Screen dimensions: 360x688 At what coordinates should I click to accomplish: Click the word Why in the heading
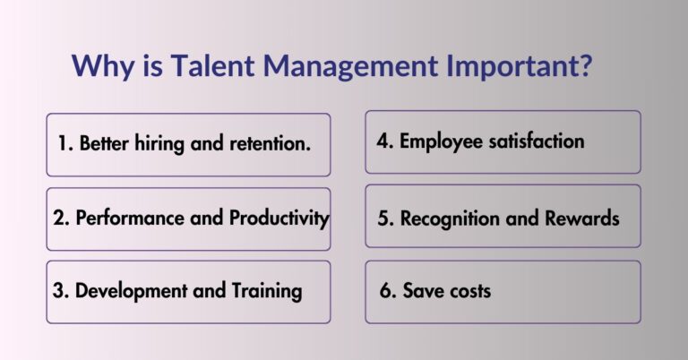click(x=98, y=66)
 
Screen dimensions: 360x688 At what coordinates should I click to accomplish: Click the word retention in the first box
click(x=271, y=143)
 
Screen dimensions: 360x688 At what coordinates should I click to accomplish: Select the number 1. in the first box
click(x=65, y=143)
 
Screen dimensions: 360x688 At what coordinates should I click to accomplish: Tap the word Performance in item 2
click(x=127, y=218)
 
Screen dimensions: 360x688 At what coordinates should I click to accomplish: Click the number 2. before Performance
click(x=64, y=218)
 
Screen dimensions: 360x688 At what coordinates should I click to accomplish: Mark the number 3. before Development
click(x=64, y=291)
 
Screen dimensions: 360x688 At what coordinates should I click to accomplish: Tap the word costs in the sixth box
click(x=469, y=292)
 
